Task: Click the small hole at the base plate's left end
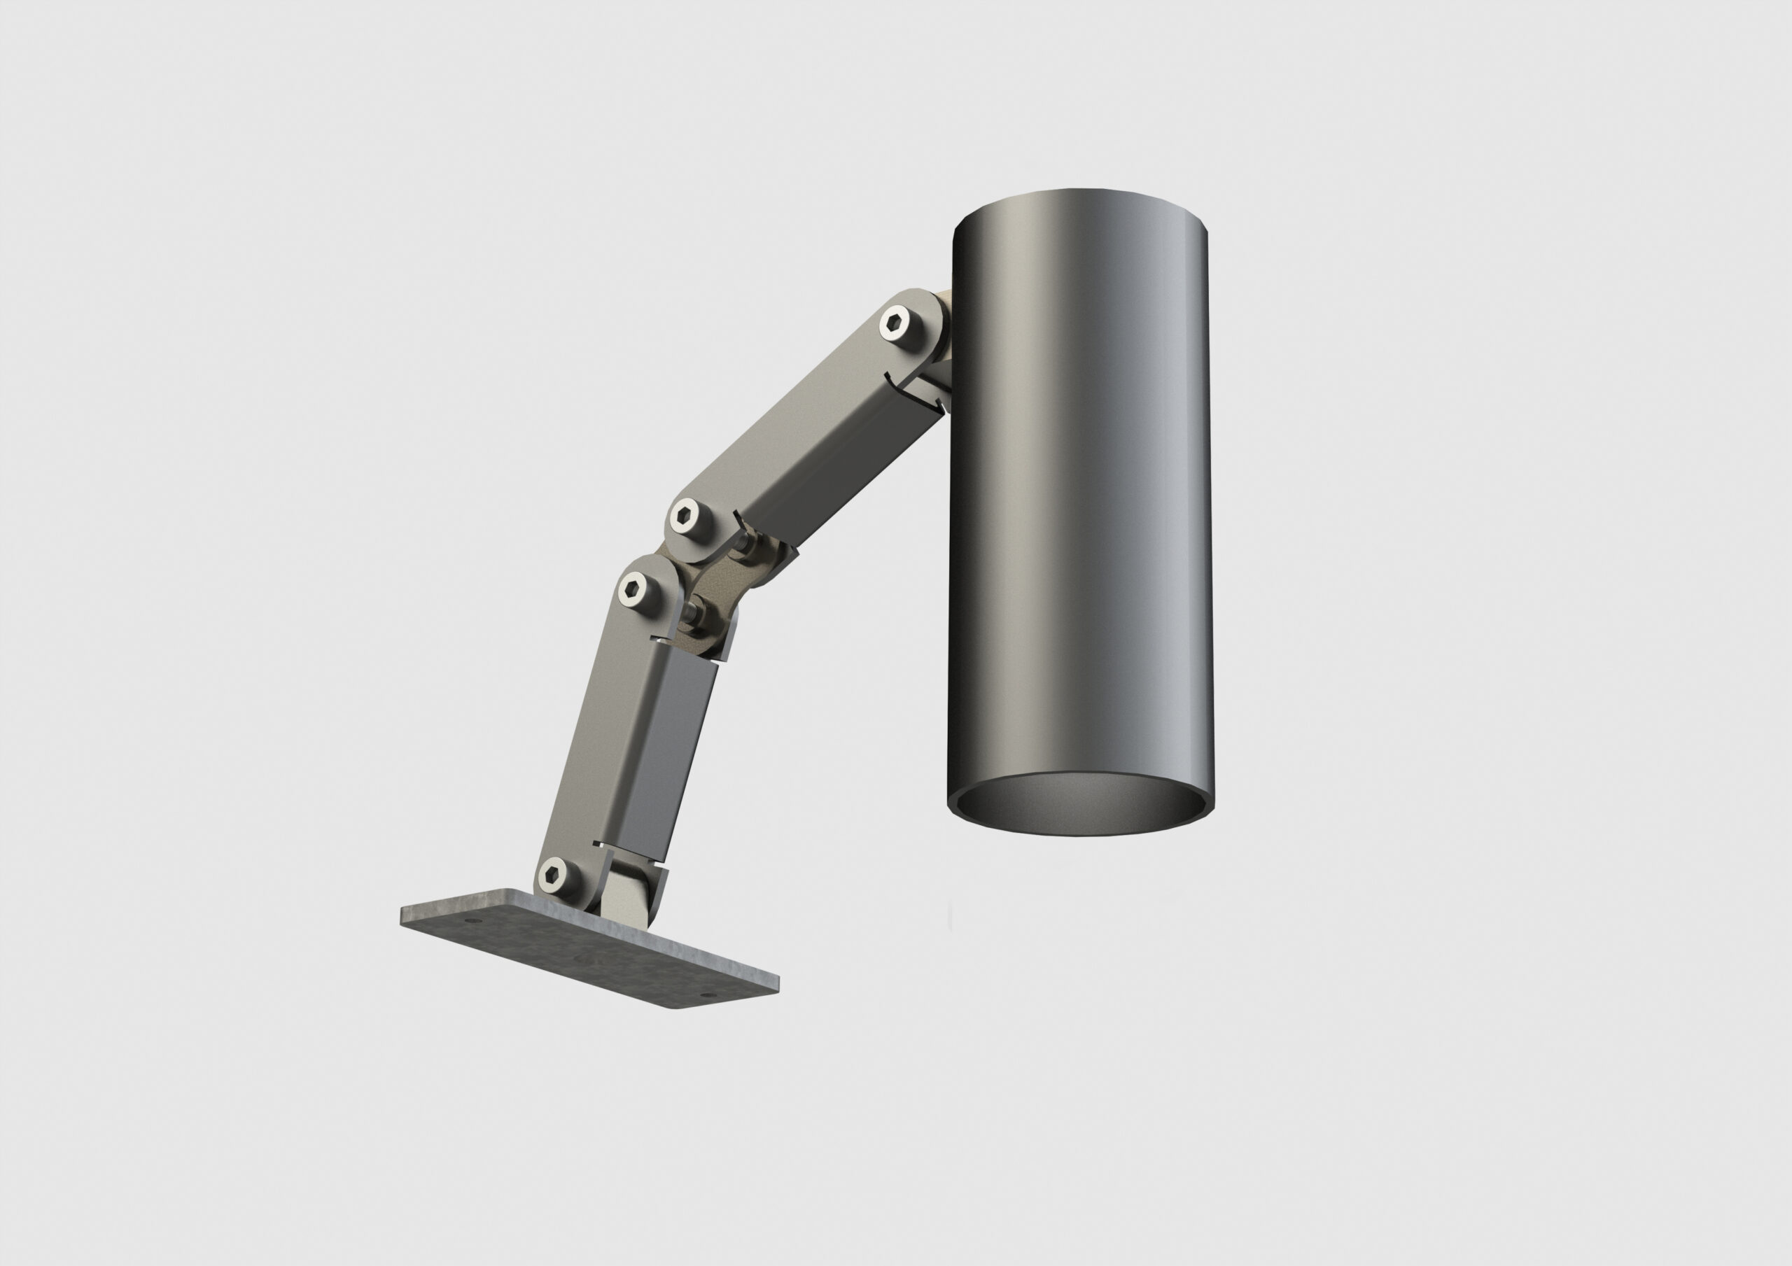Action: coord(469,921)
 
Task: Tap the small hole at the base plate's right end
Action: coord(708,995)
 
